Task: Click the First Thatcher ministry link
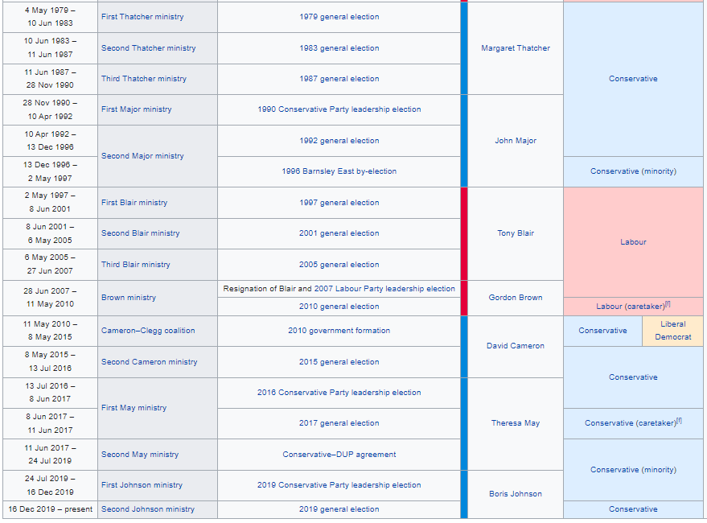click(142, 17)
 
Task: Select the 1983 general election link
click(339, 48)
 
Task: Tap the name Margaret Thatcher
click(516, 48)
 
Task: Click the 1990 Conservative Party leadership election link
click(339, 109)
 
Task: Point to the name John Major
click(516, 141)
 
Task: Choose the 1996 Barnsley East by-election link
click(339, 171)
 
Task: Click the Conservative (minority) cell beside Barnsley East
click(633, 171)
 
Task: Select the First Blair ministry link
click(134, 203)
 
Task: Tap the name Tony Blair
click(516, 233)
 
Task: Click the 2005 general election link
click(339, 265)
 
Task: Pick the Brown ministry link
click(129, 298)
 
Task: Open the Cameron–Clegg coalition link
click(148, 331)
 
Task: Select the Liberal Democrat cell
click(672, 331)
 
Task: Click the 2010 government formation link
click(339, 331)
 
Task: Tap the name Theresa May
click(516, 423)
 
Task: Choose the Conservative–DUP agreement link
click(339, 455)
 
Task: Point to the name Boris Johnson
click(516, 494)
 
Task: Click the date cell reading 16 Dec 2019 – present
click(50, 509)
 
